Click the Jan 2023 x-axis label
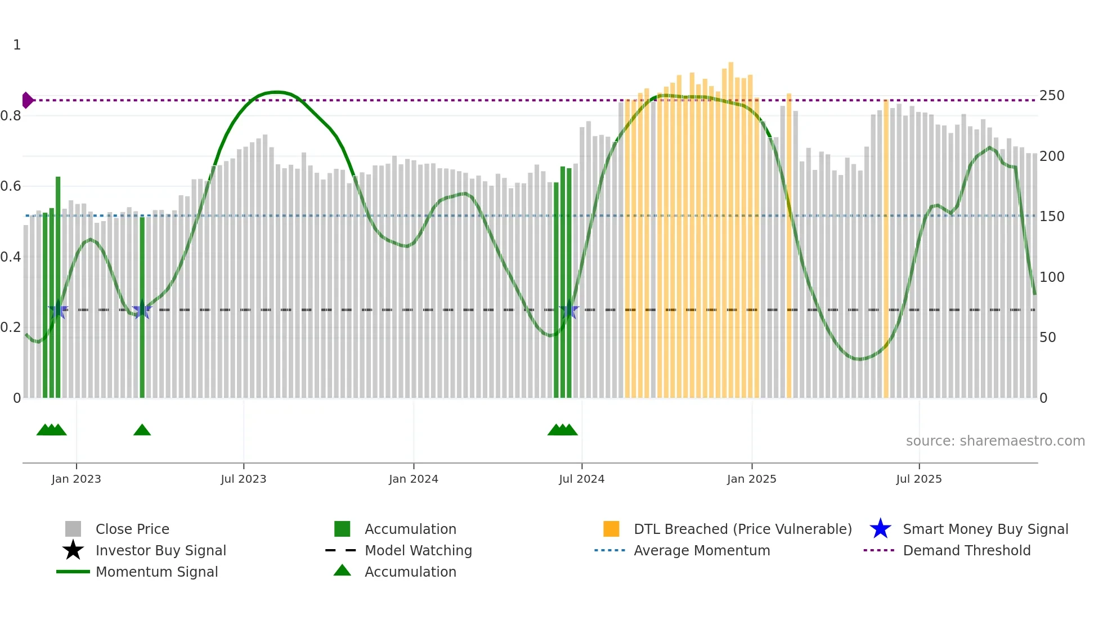click(x=76, y=479)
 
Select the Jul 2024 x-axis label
click(x=581, y=479)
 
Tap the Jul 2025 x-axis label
click(x=918, y=479)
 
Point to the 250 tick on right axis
click(x=1051, y=96)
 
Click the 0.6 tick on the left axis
click(x=11, y=186)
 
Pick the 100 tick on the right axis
click(x=1051, y=277)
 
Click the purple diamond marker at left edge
click(x=27, y=100)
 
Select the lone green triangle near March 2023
click(x=142, y=430)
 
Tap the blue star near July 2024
click(x=570, y=310)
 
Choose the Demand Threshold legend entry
click(x=966, y=550)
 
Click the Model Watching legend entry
click(x=418, y=550)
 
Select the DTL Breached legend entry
click(x=742, y=529)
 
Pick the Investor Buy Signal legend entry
click(x=160, y=550)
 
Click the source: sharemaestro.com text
click(x=995, y=441)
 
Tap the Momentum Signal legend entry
click(x=156, y=572)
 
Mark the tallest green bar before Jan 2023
click(x=58, y=287)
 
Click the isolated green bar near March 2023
click(x=142, y=307)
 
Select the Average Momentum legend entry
click(x=701, y=550)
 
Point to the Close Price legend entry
click(x=132, y=529)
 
